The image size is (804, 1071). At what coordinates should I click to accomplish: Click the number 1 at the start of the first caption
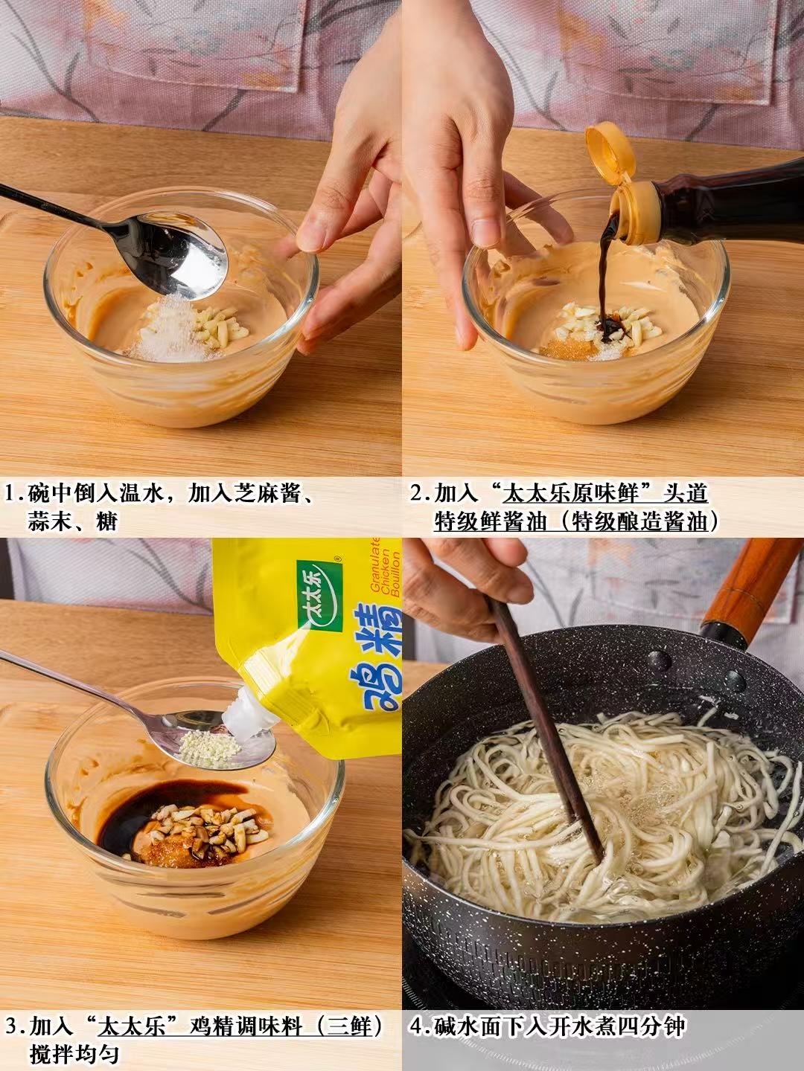tap(10, 495)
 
